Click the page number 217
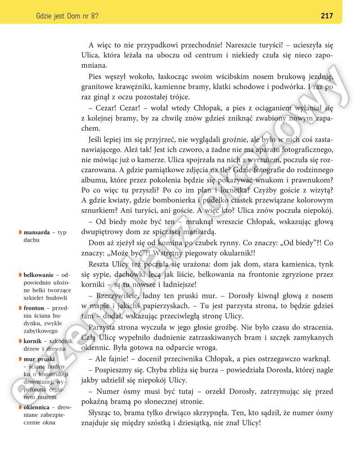(x=327, y=16)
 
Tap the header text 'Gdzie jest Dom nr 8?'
(x=67, y=16)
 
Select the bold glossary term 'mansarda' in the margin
(x=37, y=233)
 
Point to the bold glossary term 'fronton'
(x=34, y=308)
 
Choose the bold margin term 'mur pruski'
(x=39, y=359)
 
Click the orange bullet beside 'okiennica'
(x=20, y=407)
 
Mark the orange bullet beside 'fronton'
(x=20, y=308)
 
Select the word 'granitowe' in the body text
(x=97, y=86)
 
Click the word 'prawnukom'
(x=314, y=179)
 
